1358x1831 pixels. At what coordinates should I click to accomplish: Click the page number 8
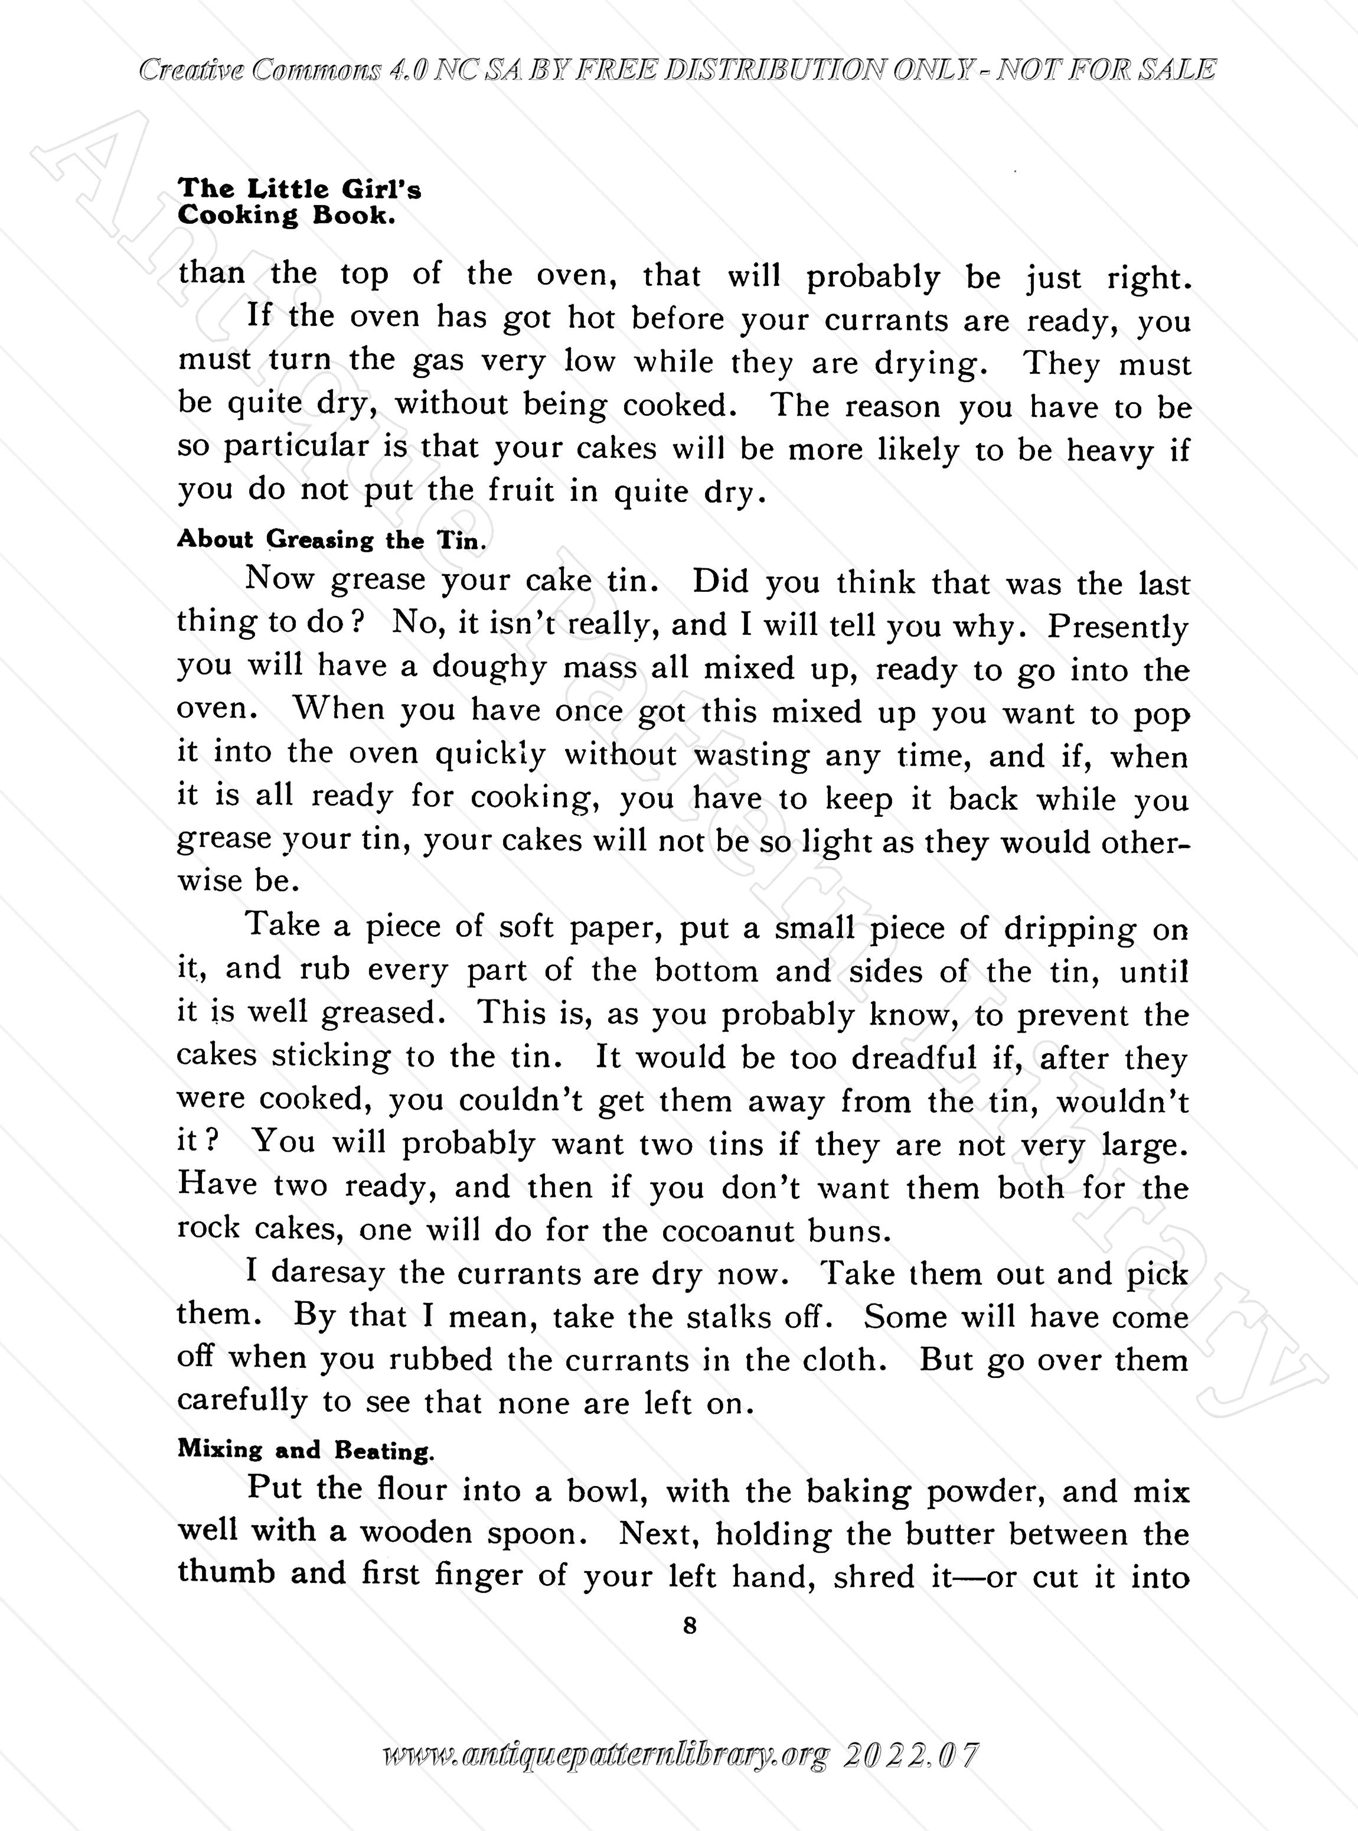point(689,1625)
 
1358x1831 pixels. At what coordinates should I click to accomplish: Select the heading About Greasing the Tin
point(332,540)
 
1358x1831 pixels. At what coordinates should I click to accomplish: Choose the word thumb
point(226,1573)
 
